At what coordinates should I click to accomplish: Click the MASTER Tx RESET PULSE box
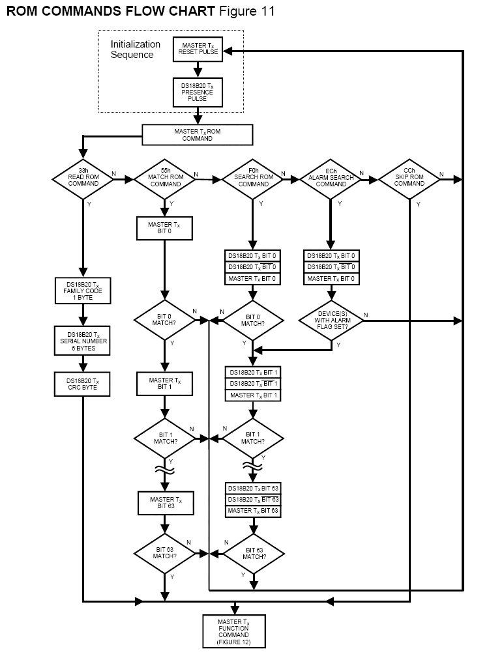click(x=198, y=49)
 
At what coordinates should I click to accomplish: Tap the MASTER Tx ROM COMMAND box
click(x=197, y=134)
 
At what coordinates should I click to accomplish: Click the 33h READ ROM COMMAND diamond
click(x=83, y=178)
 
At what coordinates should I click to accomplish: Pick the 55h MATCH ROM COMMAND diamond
click(x=166, y=178)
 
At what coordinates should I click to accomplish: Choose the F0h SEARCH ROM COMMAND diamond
click(x=253, y=178)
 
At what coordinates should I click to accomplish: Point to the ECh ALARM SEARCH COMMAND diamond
click(x=331, y=178)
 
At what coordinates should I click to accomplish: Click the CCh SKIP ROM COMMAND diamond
click(x=409, y=178)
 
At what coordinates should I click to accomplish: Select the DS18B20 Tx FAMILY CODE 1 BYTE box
click(x=83, y=291)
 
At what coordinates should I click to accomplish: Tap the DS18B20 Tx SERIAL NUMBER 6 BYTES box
click(x=83, y=340)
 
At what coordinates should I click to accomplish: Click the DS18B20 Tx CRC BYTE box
click(x=83, y=383)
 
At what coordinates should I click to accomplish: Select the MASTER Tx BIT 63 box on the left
click(x=166, y=503)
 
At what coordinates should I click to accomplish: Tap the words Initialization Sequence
click(x=135, y=50)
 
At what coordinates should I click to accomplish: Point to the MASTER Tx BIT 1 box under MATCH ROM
click(x=166, y=383)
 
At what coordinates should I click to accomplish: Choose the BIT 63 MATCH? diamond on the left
click(x=166, y=553)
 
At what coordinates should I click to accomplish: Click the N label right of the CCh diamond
click(x=441, y=174)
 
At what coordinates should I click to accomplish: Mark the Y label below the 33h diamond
click(x=89, y=204)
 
